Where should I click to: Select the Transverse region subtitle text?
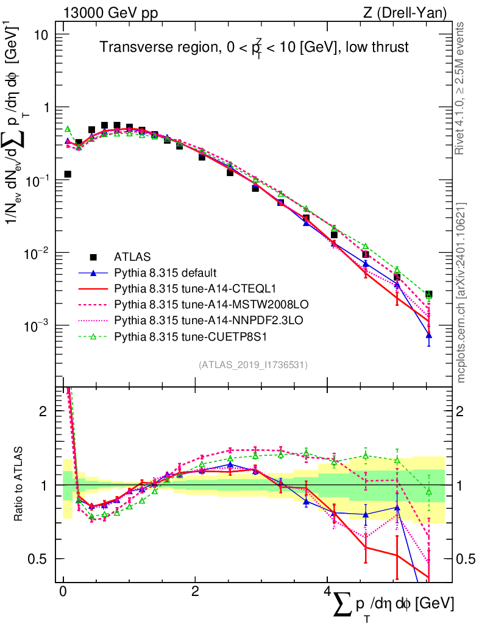click(x=254, y=48)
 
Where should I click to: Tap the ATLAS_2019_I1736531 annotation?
click(x=253, y=365)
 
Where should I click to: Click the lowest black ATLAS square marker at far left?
click(x=68, y=174)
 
